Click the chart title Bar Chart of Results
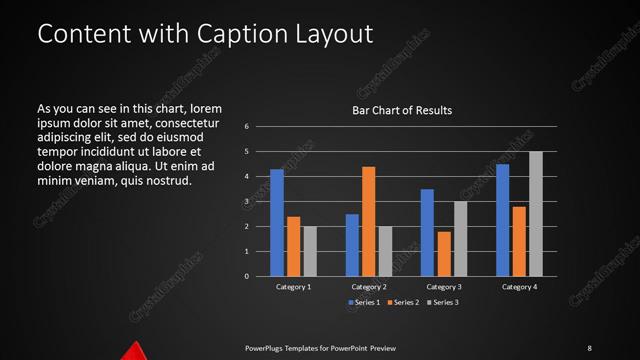coord(401,110)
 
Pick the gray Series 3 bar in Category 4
coord(536,214)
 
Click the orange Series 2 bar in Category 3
coord(444,254)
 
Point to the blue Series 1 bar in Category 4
coord(502,220)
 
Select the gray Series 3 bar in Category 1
coord(310,251)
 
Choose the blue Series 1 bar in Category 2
coord(352,245)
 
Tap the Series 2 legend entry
coord(401,302)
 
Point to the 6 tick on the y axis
coord(246,127)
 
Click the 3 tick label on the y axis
coord(246,202)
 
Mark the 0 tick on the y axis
coord(246,277)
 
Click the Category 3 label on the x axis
coord(444,287)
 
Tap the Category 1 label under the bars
coord(294,287)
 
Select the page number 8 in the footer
coord(589,347)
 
